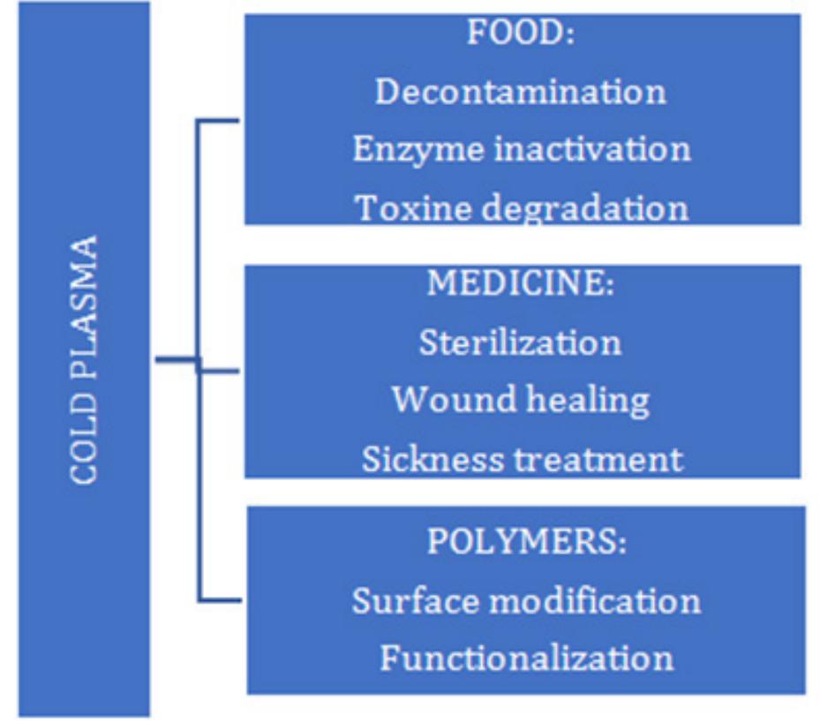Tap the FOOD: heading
521,35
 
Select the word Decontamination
521,92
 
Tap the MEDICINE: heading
521,284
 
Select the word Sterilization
521,342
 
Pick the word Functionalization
526,659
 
